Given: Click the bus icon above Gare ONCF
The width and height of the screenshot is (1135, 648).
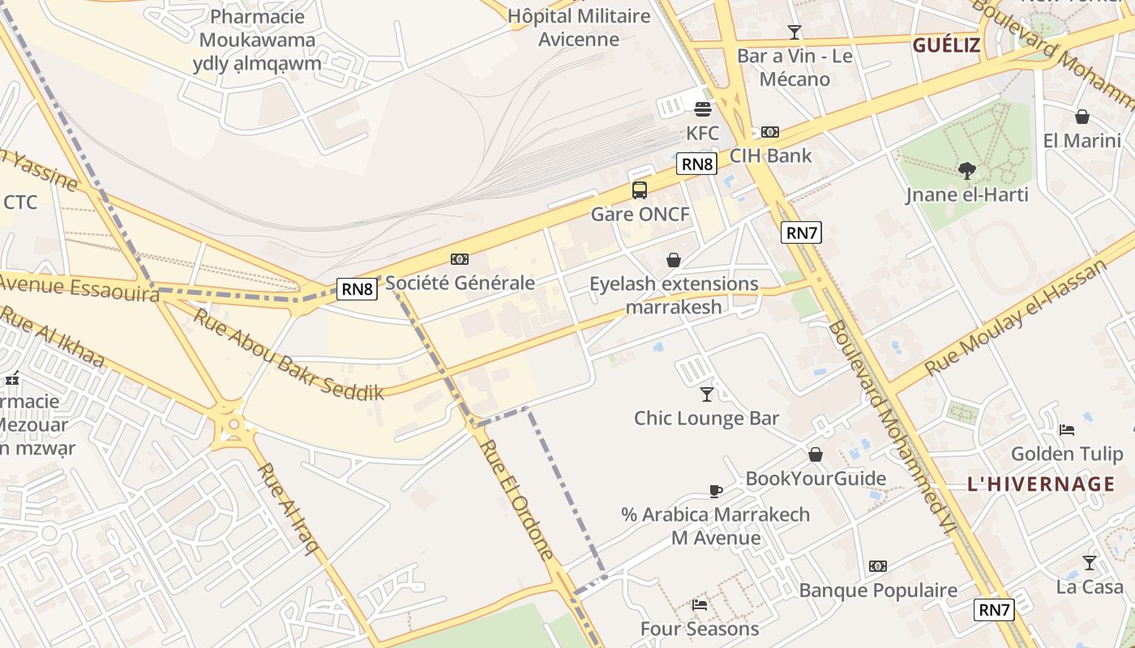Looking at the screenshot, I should click(640, 190).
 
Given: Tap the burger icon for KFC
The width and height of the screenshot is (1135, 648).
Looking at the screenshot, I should click(702, 109).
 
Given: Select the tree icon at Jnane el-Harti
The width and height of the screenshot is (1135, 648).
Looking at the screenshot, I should click(966, 170).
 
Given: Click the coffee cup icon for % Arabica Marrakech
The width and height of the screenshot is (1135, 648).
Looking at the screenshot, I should click(715, 490).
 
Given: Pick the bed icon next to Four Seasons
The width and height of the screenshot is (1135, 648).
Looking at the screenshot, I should click(700, 604).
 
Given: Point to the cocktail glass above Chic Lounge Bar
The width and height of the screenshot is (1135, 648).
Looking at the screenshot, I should click(707, 394).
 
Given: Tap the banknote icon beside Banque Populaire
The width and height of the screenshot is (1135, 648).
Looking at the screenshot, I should click(878, 566).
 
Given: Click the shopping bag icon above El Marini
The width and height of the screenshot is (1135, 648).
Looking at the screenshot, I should click(1081, 117).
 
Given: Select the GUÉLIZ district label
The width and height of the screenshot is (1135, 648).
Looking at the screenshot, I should click(946, 45).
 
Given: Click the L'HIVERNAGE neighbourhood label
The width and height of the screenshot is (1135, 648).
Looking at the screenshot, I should click(1041, 484).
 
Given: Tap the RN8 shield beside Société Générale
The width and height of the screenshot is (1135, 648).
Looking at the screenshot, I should click(358, 289).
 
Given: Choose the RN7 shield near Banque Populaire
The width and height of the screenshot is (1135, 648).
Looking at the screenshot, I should click(994, 610).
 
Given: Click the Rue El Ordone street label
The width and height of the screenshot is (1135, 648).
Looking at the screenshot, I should click(516, 499).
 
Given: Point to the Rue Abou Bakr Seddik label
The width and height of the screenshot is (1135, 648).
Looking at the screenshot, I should click(288, 354).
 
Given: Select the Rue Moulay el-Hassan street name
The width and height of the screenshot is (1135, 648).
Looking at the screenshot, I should click(1016, 318).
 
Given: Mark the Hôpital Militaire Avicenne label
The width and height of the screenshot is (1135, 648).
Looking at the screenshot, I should click(579, 28).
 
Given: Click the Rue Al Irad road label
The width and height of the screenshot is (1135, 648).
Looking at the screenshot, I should click(288, 508).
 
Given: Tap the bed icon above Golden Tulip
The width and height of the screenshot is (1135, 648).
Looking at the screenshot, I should click(1067, 429).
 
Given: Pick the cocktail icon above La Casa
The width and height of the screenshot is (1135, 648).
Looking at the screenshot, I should click(1089, 562).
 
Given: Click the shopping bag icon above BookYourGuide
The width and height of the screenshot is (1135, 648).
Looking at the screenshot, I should click(816, 454).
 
